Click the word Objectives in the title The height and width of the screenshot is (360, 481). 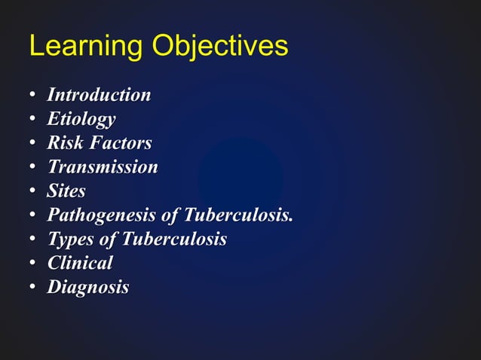pos(219,47)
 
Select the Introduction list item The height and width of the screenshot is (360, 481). pos(99,95)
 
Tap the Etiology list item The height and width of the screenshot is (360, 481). pos(81,119)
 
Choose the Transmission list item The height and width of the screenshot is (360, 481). pos(103,167)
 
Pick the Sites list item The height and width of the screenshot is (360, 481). pos(66,191)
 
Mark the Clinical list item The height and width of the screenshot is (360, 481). pos(80,264)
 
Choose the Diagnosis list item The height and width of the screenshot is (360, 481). pos(88,288)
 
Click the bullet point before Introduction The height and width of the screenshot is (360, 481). pos(33,96)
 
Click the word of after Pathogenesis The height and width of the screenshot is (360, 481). pos(172,215)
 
